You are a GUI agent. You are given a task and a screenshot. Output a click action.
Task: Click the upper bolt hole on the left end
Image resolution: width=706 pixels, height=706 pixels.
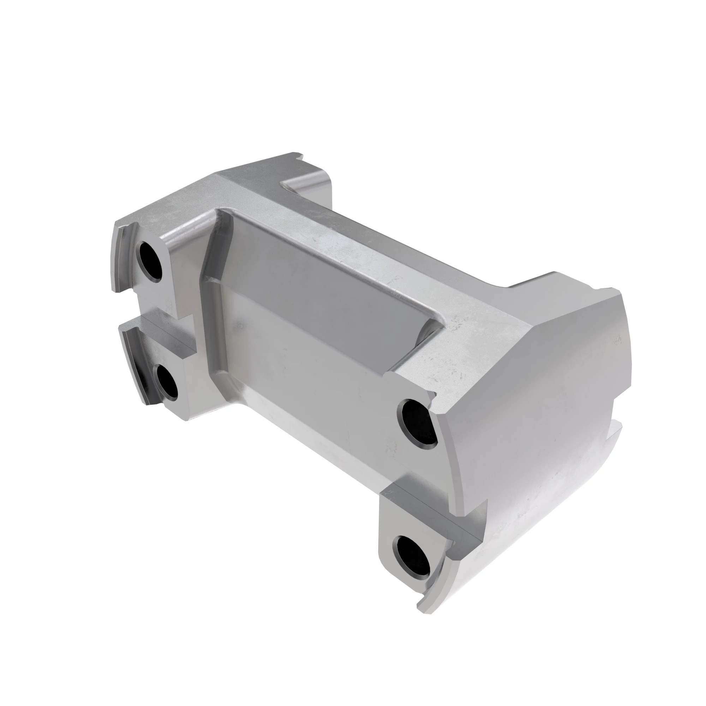click(150, 260)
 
